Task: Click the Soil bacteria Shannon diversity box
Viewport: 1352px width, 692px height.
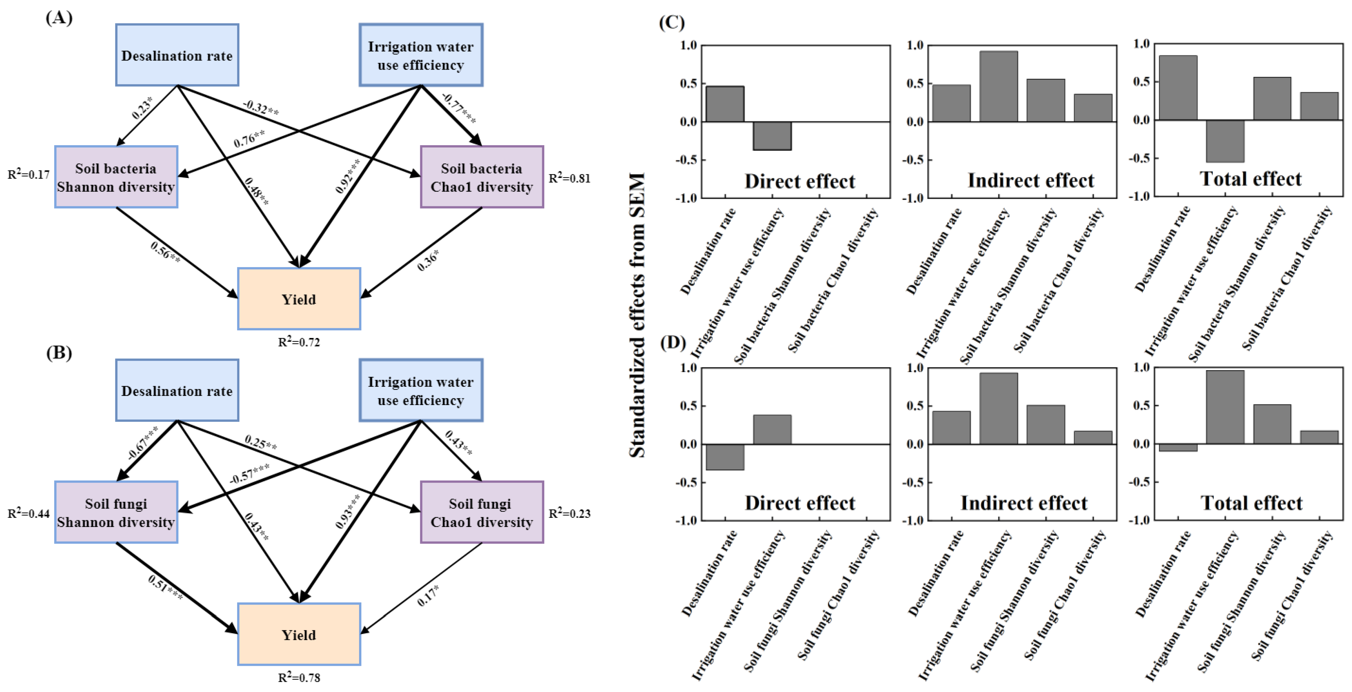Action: click(116, 177)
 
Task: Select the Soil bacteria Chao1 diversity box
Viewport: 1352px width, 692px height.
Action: click(482, 177)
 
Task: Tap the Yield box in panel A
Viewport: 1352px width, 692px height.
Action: click(299, 299)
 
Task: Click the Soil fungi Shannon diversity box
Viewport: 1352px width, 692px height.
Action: click(116, 512)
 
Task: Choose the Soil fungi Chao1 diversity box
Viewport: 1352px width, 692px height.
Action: click(482, 512)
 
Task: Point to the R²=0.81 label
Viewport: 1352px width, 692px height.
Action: click(570, 178)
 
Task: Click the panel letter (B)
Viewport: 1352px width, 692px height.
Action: click(59, 352)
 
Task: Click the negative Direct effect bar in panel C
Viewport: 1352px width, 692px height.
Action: click(772, 136)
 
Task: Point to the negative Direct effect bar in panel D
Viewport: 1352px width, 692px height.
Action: click(725, 457)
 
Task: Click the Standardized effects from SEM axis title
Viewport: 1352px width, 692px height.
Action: click(637, 315)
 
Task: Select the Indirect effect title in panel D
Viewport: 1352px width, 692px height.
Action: click(1024, 503)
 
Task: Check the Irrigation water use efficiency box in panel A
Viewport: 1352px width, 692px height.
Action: click(421, 55)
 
